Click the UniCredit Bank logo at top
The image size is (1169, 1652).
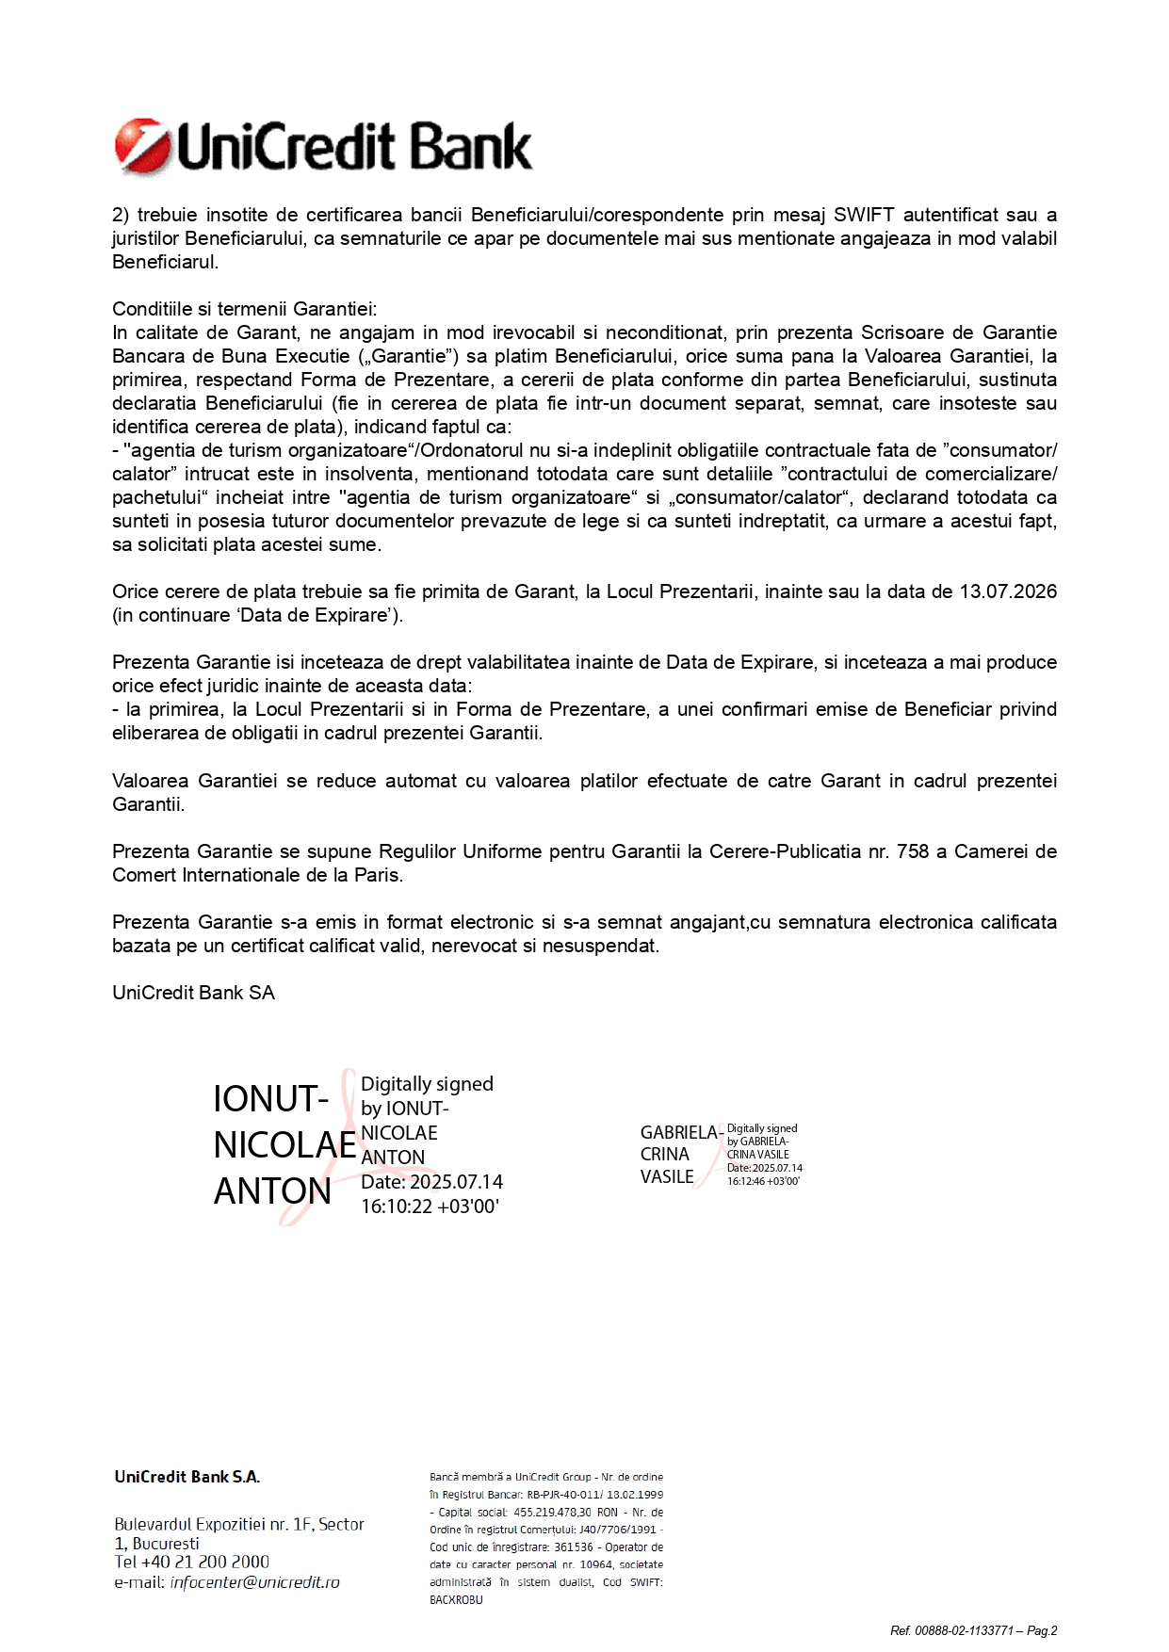323,148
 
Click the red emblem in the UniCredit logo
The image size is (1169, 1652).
141,148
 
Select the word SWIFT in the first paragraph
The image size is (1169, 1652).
863,215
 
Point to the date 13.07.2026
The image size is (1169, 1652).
1008,591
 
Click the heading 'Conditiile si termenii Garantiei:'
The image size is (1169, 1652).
244,309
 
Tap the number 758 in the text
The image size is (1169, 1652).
913,851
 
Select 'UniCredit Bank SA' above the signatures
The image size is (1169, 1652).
193,993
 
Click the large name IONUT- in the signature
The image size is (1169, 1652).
270,1099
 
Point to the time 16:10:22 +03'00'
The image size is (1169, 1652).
430,1207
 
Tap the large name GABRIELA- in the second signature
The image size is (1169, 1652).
680,1132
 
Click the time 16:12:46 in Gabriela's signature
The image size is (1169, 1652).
745,1181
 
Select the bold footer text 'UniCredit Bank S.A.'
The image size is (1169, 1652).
187,1477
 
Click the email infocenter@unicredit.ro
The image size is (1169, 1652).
254,1582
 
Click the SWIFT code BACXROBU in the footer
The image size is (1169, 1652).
456,1599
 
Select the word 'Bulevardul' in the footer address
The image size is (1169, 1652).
153,1524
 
